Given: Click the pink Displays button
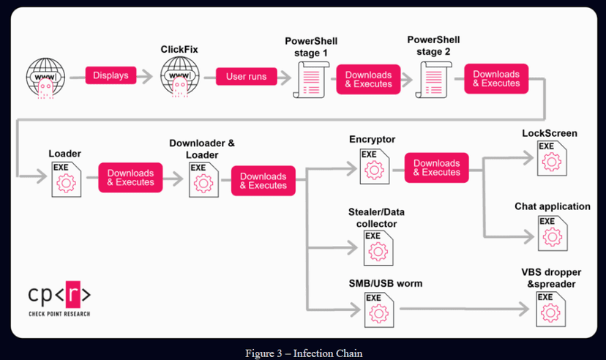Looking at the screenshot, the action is click(111, 75).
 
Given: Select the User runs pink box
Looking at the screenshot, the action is click(246, 77).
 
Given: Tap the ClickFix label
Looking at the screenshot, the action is click(179, 50).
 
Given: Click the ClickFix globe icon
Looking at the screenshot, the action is click(180, 77).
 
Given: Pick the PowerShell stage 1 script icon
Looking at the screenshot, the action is click(311, 80).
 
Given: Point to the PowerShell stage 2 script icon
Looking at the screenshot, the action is click(433, 80).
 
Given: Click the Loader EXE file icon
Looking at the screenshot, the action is click(67, 179).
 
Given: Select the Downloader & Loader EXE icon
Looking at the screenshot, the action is click(203, 180).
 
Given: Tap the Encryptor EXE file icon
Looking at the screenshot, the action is click(375, 167).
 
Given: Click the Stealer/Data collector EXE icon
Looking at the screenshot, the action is click(378, 248).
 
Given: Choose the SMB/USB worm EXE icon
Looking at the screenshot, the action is click(379, 310).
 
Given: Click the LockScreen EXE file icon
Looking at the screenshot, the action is click(552, 158).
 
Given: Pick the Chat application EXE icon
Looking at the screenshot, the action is click(553, 233).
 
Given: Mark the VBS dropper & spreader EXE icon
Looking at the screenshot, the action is click(550, 309).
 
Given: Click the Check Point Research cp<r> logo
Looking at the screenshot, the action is click(59, 299).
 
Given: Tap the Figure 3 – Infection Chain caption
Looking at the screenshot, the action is click(304, 353).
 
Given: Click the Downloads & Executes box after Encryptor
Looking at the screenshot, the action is click(437, 168).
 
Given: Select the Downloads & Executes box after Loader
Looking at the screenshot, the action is click(130, 178).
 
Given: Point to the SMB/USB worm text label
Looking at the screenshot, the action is click(385, 283).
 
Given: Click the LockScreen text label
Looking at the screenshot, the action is click(550, 133).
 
